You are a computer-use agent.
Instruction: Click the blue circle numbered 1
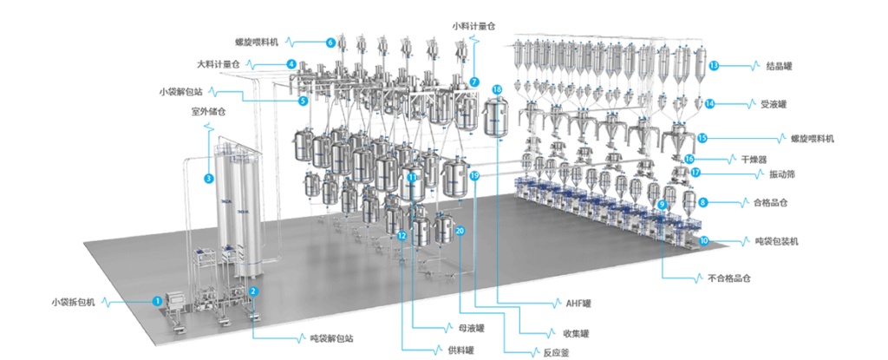(157, 300)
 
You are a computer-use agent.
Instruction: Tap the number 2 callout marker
(253, 291)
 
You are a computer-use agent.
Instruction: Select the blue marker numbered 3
(209, 180)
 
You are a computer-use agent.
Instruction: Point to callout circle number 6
(330, 42)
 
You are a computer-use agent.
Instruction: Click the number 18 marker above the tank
(496, 89)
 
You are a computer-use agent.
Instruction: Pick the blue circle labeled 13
(713, 65)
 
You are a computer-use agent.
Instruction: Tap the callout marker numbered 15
(702, 137)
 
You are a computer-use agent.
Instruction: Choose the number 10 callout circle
(703, 240)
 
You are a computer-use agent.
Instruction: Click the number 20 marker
(460, 231)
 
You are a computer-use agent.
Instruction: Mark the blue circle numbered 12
(402, 235)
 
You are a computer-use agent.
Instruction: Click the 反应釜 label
(549, 352)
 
